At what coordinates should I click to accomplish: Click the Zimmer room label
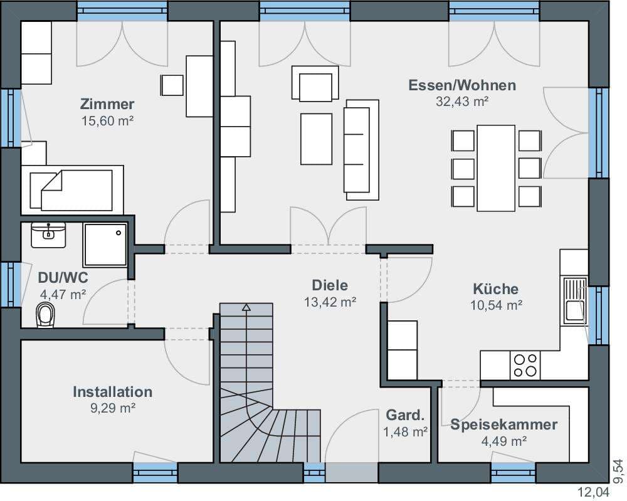(x=107, y=104)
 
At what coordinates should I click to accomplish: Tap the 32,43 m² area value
(x=462, y=102)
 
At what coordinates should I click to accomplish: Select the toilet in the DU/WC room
(x=45, y=315)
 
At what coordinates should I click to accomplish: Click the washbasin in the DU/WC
(x=48, y=235)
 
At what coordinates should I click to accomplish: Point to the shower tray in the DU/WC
(x=105, y=245)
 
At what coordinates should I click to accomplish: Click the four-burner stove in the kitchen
(x=525, y=366)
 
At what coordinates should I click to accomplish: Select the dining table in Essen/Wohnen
(x=496, y=168)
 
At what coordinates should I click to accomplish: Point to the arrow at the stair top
(x=246, y=307)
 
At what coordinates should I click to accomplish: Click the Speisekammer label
(x=504, y=425)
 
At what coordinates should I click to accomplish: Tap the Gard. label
(x=404, y=415)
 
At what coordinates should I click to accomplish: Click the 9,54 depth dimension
(x=619, y=471)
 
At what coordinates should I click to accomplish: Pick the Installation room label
(x=112, y=392)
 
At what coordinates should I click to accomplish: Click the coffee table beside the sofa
(x=316, y=139)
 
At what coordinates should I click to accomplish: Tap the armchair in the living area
(x=315, y=83)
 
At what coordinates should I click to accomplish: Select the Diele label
(x=330, y=285)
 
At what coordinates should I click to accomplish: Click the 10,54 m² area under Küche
(x=496, y=305)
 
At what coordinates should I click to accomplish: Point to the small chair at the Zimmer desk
(x=172, y=85)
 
